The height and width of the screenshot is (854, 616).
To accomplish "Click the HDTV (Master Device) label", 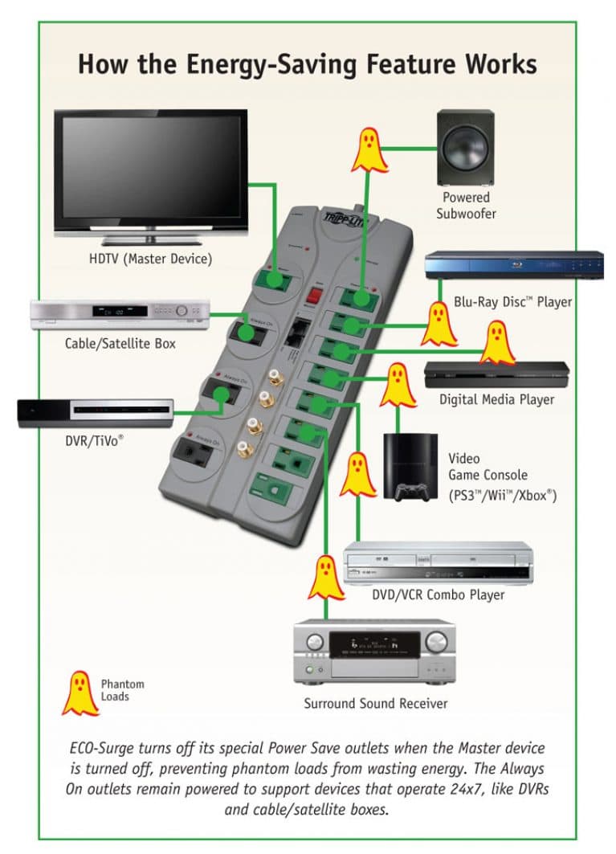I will click(150, 259).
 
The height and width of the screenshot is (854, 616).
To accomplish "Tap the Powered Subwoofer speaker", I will click(466, 148).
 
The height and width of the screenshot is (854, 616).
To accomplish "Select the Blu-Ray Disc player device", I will click(513, 266).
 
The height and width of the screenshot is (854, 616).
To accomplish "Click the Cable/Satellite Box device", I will click(120, 313).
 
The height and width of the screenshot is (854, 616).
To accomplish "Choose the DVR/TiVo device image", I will click(96, 412).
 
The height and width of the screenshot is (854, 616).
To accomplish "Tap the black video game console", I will click(410, 467).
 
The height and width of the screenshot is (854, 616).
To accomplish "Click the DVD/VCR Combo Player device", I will click(437, 563).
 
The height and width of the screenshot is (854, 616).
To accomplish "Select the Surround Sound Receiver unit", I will click(374, 651).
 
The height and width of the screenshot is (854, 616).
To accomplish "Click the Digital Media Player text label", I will click(496, 399).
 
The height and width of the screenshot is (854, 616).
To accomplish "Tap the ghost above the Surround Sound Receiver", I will click(326, 578).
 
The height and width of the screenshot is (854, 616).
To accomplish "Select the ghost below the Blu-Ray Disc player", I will click(439, 323).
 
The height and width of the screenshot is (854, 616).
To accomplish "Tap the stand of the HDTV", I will click(150, 239).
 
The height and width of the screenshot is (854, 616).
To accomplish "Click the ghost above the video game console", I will click(398, 385).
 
